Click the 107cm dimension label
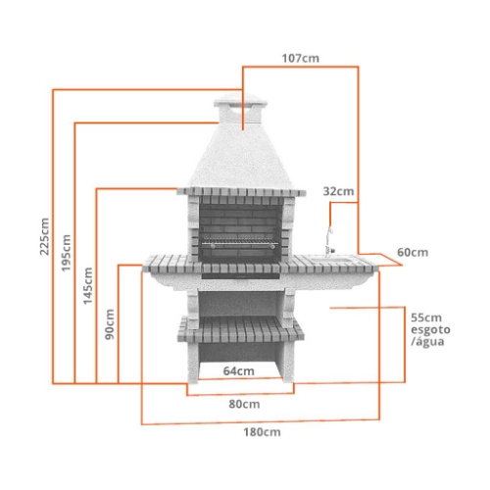pyautogui.click(x=301, y=58)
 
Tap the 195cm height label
pyautogui.click(x=67, y=253)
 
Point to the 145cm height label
pyautogui.click(x=88, y=286)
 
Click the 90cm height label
pyautogui.click(x=110, y=324)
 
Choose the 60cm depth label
pyautogui.click(x=413, y=253)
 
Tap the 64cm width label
pyautogui.click(x=238, y=371)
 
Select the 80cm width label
pyautogui.click(x=245, y=404)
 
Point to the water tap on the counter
pyautogui.click(x=329, y=240)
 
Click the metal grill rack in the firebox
pyautogui.click(x=240, y=242)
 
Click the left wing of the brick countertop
pyautogui.click(x=171, y=263)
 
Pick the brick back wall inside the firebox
pyautogui.click(x=240, y=218)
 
